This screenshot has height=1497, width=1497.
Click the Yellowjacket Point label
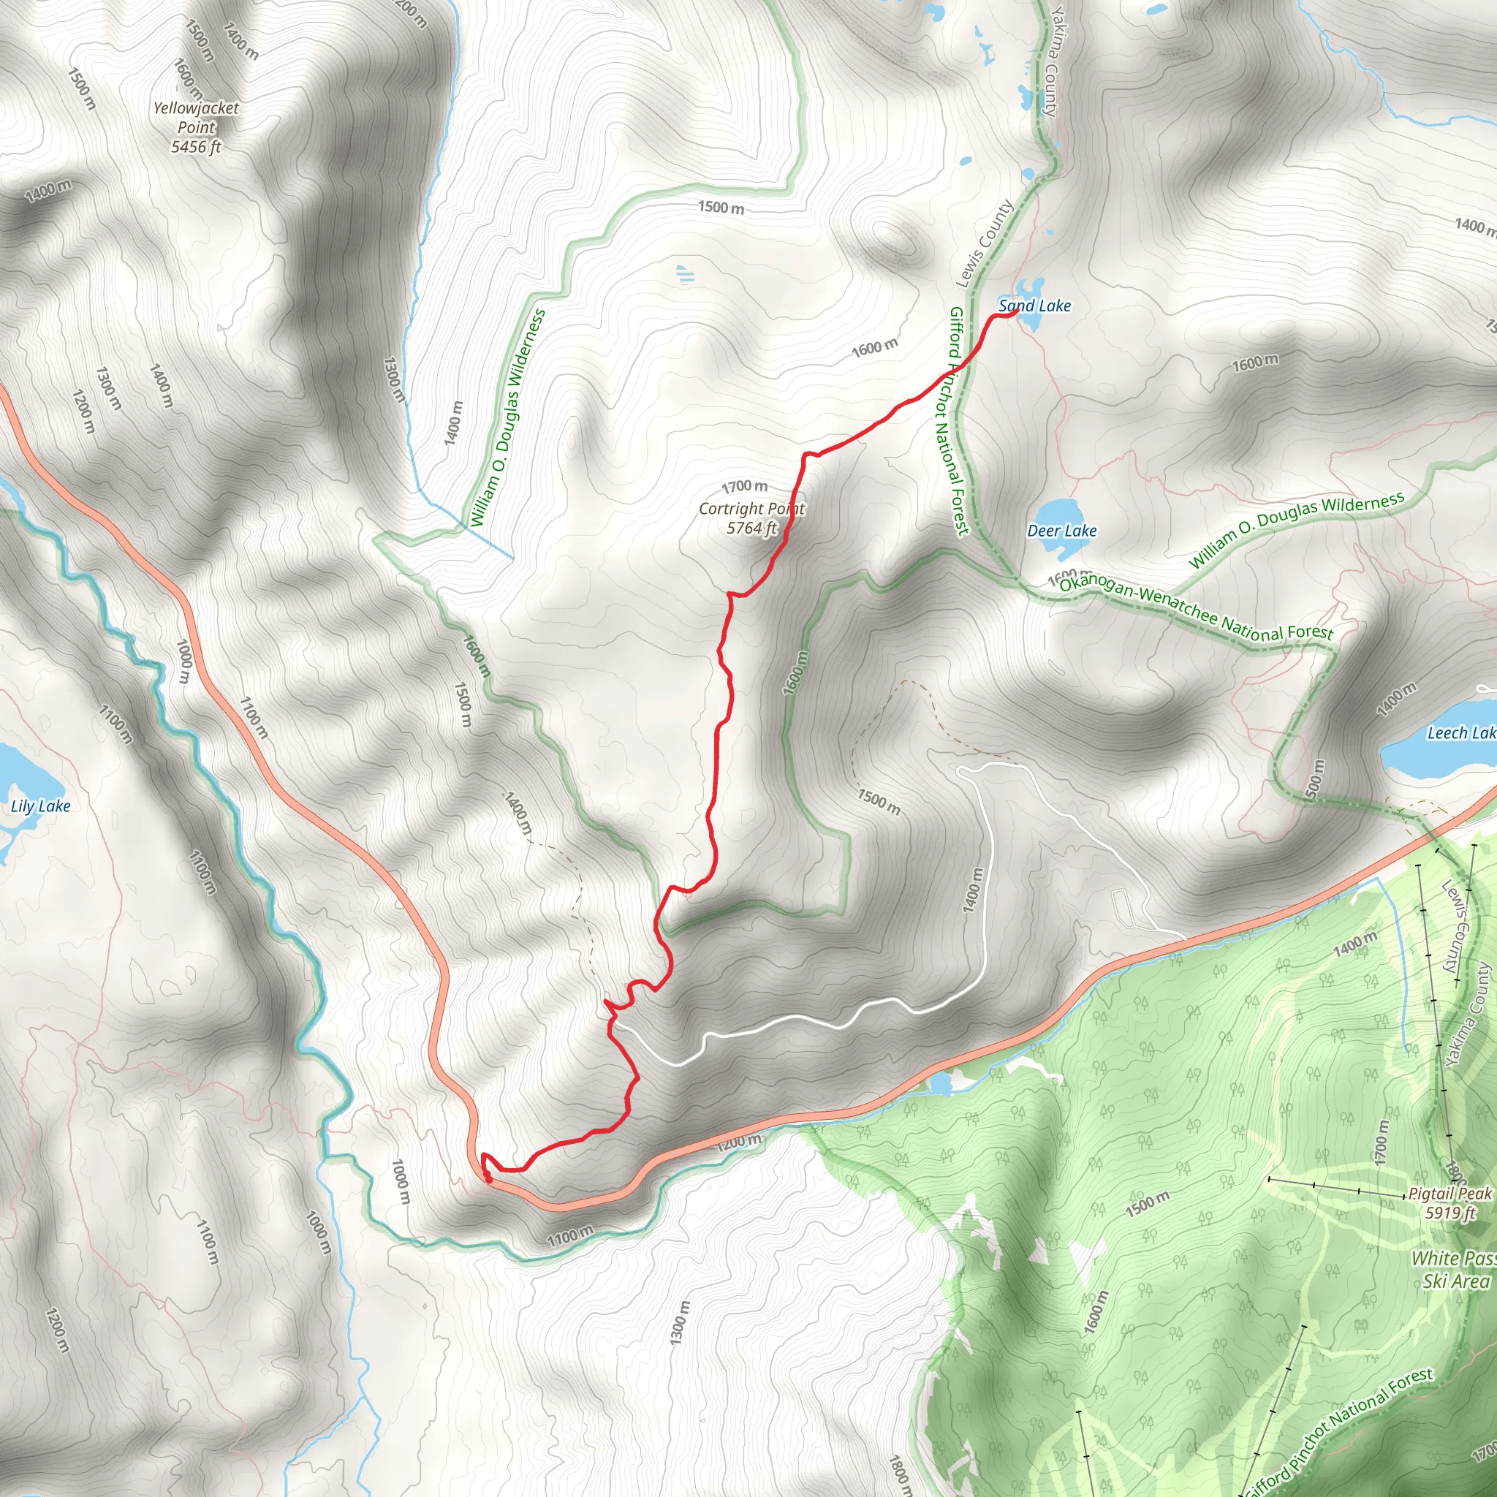coord(196,127)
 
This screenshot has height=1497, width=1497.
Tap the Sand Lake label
coord(1034,306)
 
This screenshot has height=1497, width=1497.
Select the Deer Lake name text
coord(1061,531)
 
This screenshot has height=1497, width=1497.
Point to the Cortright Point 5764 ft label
coord(751,518)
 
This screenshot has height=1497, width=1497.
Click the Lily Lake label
coord(40,807)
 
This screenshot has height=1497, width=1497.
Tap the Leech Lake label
coord(1461,733)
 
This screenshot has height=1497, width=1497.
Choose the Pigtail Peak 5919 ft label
coord(1449,1202)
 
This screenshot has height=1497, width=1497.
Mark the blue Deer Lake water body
coord(1058,519)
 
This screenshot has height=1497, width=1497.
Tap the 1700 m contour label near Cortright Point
coord(745,487)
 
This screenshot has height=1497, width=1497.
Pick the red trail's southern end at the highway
coord(488,1179)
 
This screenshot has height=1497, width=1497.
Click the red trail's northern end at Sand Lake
coord(1015,313)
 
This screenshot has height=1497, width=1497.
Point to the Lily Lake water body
coord(14,775)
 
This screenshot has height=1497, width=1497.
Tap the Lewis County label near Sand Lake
coord(984,244)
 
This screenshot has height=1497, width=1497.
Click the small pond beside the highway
coord(940,1083)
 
